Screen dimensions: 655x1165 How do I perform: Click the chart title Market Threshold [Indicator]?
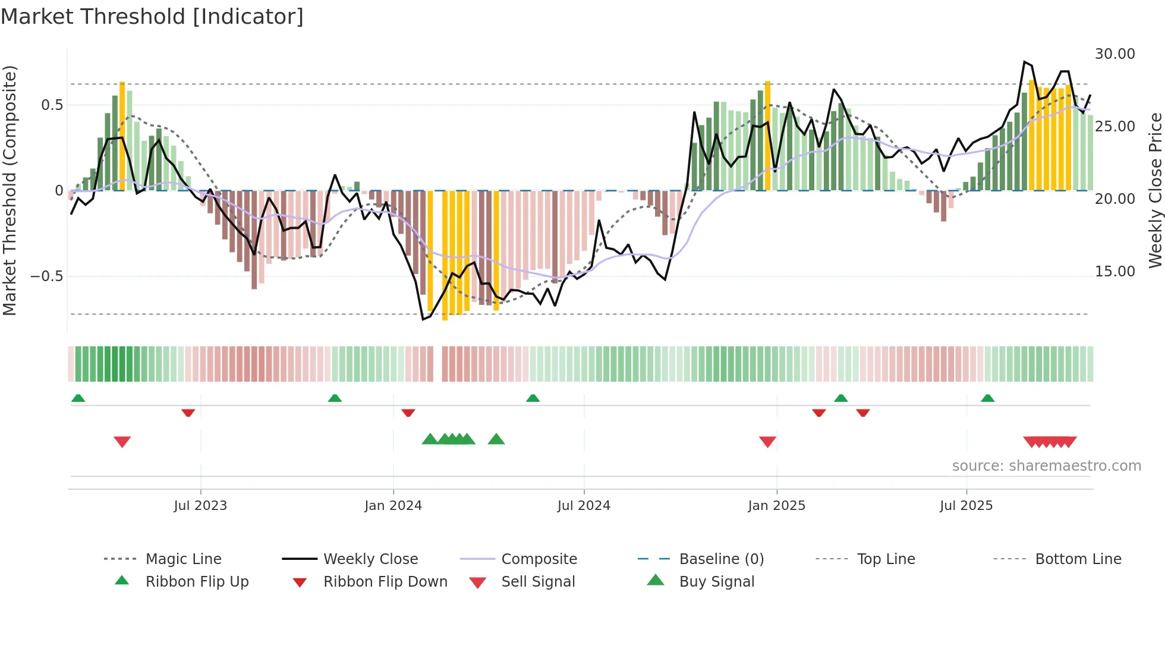[152, 17]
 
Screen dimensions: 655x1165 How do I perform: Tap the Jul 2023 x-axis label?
[200, 506]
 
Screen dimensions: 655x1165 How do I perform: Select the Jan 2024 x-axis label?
[393, 506]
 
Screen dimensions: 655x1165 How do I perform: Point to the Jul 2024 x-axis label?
[584, 506]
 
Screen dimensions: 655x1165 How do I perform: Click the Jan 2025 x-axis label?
[776, 506]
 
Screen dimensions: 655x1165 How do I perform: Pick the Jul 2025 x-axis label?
[966, 506]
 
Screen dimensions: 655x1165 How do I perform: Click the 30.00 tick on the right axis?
[1114, 54]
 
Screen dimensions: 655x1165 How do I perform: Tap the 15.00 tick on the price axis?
[1114, 272]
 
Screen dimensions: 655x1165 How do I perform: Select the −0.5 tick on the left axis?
[46, 276]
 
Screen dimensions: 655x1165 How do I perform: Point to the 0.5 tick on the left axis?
[52, 105]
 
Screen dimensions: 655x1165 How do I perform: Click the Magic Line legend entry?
[183, 559]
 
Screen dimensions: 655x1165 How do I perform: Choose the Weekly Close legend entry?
[370, 559]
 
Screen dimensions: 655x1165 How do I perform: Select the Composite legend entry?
[539, 559]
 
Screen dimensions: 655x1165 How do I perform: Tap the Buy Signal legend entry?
[716, 582]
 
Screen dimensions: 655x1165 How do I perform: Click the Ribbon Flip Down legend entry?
[385, 582]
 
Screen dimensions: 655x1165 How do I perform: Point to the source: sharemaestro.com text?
[1046, 466]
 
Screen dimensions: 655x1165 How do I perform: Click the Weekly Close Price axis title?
[1155, 190]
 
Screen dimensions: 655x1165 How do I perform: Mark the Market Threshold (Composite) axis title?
[10, 190]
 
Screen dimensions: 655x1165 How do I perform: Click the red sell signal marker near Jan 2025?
[767, 442]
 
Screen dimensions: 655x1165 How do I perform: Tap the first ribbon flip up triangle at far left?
[78, 398]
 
